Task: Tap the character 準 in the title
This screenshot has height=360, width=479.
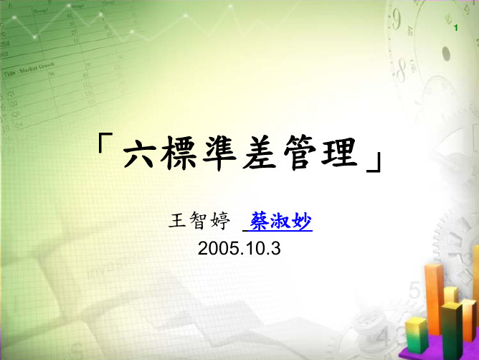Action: click(x=219, y=153)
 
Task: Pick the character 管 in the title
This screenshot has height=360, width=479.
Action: click(x=300, y=153)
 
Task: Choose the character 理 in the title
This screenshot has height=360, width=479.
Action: click(x=339, y=152)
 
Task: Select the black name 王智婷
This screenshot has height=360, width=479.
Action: click(x=199, y=221)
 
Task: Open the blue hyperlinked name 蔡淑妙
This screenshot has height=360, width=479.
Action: click(x=281, y=221)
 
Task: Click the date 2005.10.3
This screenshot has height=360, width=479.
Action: click(x=239, y=248)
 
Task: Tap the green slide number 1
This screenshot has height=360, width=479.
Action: click(x=456, y=28)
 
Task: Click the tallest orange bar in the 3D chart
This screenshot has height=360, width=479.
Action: click(x=434, y=300)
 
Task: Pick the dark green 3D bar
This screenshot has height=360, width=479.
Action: click(x=452, y=330)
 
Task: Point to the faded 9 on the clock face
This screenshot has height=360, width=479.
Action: click(x=397, y=19)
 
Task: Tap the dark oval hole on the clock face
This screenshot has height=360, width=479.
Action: click(x=446, y=54)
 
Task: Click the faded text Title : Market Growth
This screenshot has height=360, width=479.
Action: click(x=29, y=70)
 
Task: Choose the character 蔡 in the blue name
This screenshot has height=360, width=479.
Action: click(x=260, y=221)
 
